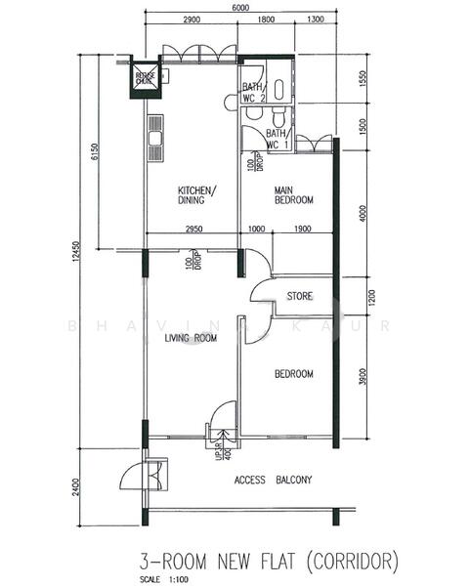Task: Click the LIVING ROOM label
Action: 190,338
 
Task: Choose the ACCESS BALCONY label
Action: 273,480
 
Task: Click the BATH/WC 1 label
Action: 277,139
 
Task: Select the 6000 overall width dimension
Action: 240,8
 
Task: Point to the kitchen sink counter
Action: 154,140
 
